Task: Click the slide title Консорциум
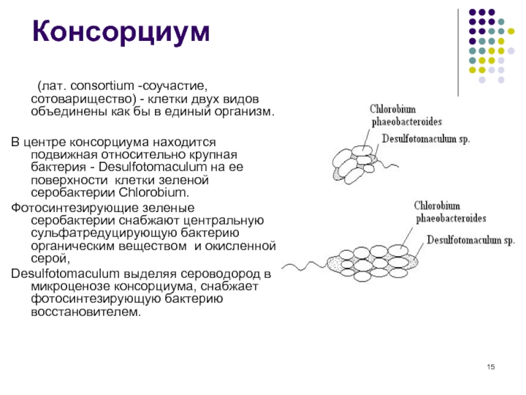coord(121,32)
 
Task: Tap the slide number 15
coord(490,367)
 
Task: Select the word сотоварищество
coord(84,99)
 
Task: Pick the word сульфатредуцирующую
coord(104,233)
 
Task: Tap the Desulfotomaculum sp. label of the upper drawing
coord(426,139)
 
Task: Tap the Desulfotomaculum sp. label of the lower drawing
coord(471,240)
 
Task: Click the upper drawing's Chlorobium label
coord(393,109)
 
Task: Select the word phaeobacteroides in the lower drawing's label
coord(451,219)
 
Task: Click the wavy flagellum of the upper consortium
coord(388,164)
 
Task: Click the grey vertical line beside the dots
coord(458,53)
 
